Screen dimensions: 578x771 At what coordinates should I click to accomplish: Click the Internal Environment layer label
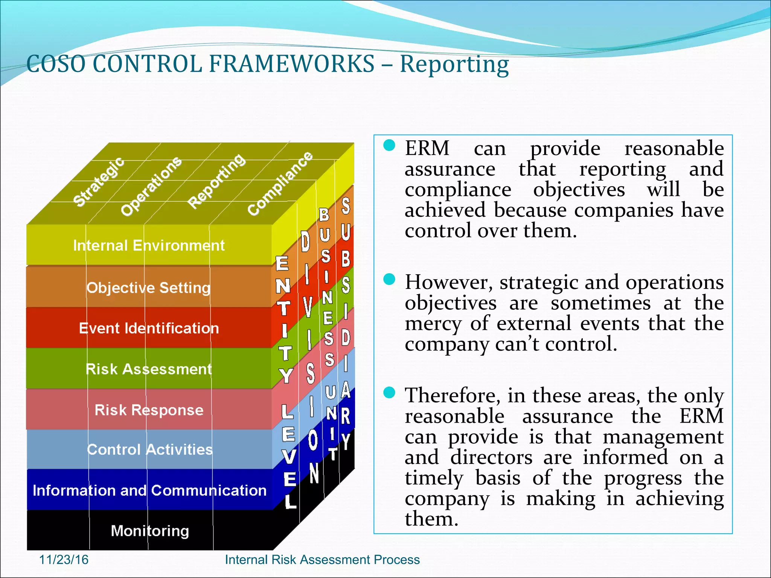click(x=149, y=246)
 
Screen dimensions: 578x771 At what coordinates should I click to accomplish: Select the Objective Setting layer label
click(x=149, y=288)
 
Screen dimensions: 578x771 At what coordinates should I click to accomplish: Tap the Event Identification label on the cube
click(x=149, y=329)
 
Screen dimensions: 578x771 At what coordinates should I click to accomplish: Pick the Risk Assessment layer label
click(x=149, y=369)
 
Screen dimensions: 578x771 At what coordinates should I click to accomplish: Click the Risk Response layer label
click(x=149, y=410)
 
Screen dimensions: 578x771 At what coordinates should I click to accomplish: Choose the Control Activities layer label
click(x=150, y=450)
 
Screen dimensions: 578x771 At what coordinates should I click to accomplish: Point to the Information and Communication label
click(x=149, y=490)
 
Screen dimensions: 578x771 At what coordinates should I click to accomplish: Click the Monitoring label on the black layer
click(x=150, y=531)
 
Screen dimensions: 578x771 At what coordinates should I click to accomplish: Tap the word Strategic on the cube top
click(x=99, y=182)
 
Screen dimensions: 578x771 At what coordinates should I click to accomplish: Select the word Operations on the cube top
click(x=151, y=186)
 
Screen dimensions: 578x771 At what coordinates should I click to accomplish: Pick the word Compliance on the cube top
click(x=280, y=184)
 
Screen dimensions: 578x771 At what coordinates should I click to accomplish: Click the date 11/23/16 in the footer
click(x=64, y=560)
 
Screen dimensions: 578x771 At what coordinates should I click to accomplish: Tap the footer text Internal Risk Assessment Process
click(x=322, y=560)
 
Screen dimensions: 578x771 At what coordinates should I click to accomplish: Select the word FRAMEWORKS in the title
click(x=292, y=64)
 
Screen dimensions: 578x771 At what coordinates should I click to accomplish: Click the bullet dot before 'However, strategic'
click(x=389, y=279)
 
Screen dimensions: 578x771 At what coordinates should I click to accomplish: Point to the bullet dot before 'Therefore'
click(x=389, y=392)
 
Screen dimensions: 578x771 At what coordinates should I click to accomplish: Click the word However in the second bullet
click(x=448, y=283)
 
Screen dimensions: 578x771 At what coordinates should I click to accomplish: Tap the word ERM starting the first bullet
click(x=427, y=148)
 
